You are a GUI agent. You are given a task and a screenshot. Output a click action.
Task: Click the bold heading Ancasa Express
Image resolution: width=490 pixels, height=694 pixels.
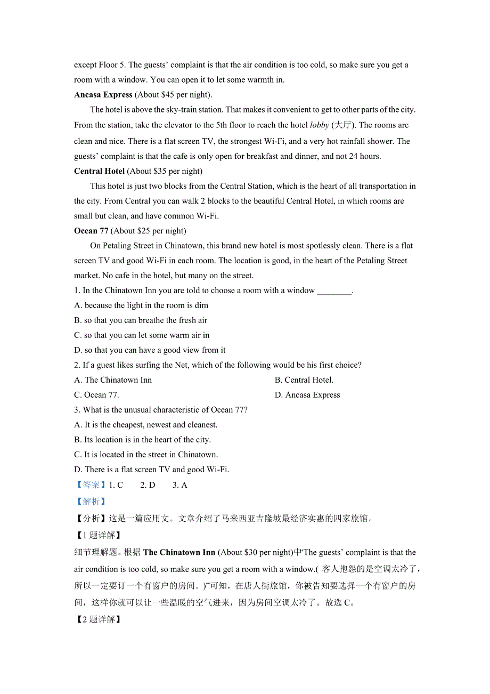pyautogui.click(x=103, y=95)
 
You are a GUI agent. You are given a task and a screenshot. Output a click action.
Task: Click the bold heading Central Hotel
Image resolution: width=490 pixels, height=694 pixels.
pyautogui.click(x=100, y=171)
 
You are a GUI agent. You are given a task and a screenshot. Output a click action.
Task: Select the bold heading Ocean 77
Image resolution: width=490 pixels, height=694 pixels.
pyautogui.click(x=91, y=231)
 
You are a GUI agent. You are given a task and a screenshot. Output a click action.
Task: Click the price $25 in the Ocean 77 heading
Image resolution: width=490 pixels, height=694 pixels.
pyautogui.click(x=143, y=231)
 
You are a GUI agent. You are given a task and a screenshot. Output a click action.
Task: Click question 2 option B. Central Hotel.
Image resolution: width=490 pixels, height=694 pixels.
pyautogui.click(x=304, y=380)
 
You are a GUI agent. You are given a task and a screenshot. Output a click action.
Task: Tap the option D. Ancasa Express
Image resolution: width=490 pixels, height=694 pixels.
pyautogui.click(x=307, y=395)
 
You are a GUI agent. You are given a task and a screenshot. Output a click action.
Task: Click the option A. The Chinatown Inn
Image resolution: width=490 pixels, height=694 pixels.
pyautogui.click(x=113, y=380)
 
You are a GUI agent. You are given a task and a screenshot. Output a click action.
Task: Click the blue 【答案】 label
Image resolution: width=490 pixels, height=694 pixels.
pyautogui.click(x=91, y=485)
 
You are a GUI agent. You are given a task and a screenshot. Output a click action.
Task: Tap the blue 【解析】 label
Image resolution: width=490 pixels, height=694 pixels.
pyautogui.click(x=90, y=502)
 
